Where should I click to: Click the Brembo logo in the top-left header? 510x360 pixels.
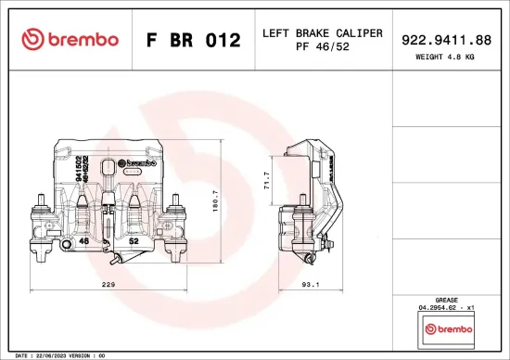(x=70, y=39)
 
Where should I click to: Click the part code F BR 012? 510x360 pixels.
(x=193, y=40)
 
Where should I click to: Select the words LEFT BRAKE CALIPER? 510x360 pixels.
(x=322, y=32)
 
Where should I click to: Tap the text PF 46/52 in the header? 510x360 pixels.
(x=322, y=46)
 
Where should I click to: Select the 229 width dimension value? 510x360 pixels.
(x=108, y=286)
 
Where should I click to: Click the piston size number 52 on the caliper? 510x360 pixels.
(x=134, y=241)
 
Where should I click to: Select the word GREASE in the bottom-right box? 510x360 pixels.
(x=448, y=299)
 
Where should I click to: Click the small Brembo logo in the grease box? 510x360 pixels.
(x=448, y=329)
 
